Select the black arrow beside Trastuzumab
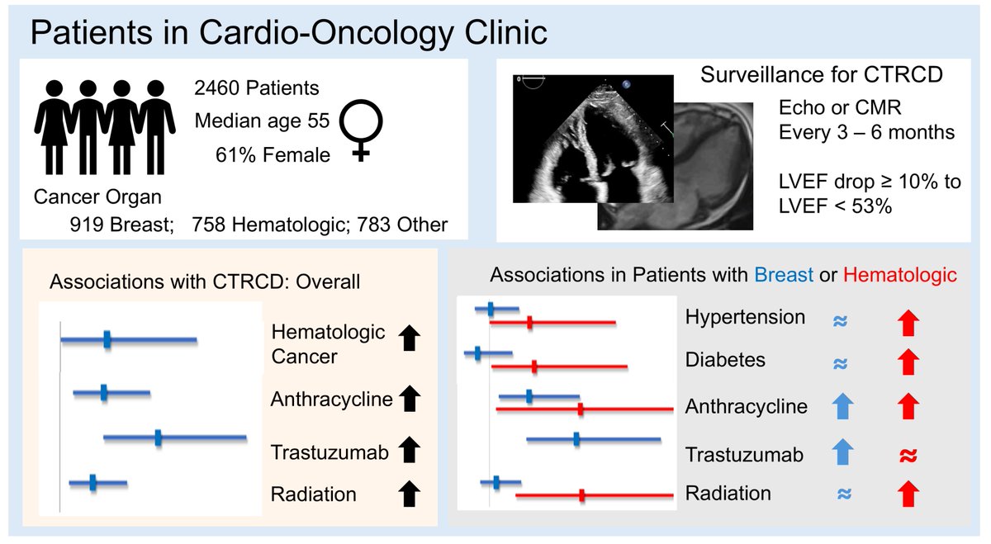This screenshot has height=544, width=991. [x=409, y=451]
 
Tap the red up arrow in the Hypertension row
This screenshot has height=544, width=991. [x=908, y=320]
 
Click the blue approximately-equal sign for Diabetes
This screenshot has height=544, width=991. [x=841, y=362]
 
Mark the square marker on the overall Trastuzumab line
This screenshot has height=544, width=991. [x=158, y=438]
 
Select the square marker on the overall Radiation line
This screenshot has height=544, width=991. [x=92, y=482]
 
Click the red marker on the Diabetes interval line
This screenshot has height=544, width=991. [x=534, y=367]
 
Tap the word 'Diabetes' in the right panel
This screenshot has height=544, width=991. [x=725, y=360]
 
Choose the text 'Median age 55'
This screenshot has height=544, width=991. [x=262, y=121]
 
